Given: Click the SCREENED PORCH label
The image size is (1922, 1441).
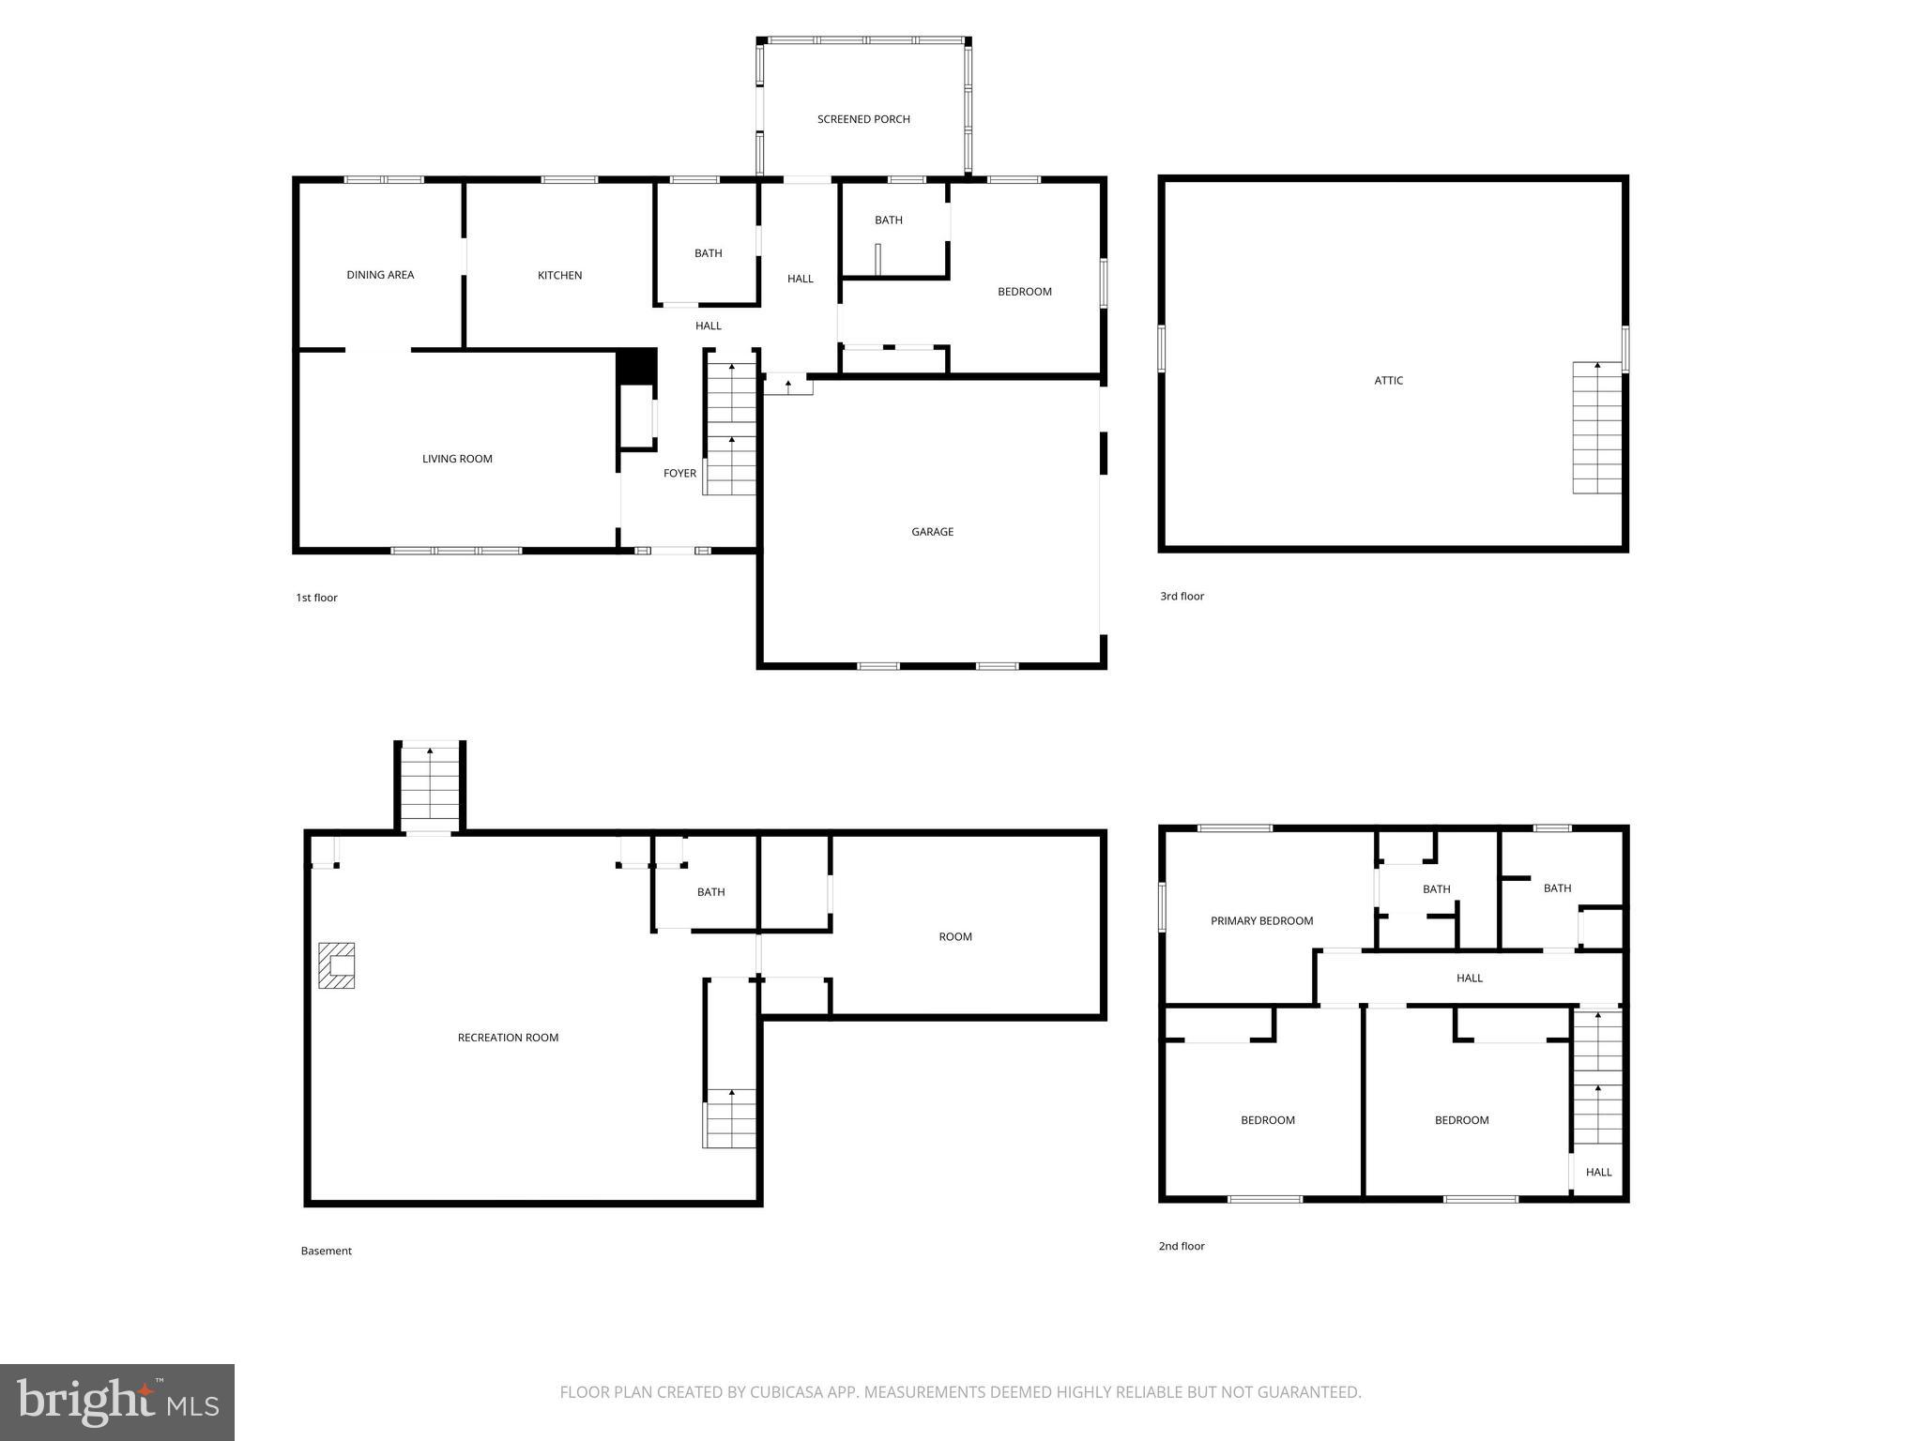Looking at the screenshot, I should (x=863, y=119).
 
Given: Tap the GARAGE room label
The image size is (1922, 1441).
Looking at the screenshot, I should (x=932, y=532).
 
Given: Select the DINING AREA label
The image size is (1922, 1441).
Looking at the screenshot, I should (x=380, y=275).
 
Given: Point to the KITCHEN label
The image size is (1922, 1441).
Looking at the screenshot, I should (x=559, y=275).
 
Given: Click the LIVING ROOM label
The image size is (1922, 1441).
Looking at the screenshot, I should (x=457, y=459).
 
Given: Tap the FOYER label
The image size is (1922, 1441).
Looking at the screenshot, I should (x=679, y=473).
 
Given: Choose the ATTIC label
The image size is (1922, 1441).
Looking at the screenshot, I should (x=1388, y=380).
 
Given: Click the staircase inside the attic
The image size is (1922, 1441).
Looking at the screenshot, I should (x=1596, y=428).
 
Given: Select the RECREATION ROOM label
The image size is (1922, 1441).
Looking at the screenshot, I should (x=508, y=1038).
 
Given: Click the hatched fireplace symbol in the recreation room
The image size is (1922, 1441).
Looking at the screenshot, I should (x=337, y=965).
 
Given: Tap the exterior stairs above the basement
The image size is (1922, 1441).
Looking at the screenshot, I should (x=430, y=786).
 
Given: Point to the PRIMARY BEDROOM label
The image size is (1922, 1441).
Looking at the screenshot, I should (x=1261, y=921).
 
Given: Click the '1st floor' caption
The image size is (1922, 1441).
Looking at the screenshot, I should (x=316, y=598).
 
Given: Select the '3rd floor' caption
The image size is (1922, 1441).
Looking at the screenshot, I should (x=1182, y=596).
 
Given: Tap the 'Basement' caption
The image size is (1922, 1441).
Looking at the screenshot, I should (x=326, y=1251).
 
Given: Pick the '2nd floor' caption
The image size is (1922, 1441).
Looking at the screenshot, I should (x=1182, y=1246).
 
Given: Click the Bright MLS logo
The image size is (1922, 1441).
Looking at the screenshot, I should (x=117, y=1403).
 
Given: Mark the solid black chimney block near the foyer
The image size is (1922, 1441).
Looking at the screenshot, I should (x=636, y=366).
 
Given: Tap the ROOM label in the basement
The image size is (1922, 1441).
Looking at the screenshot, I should (x=955, y=936).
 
